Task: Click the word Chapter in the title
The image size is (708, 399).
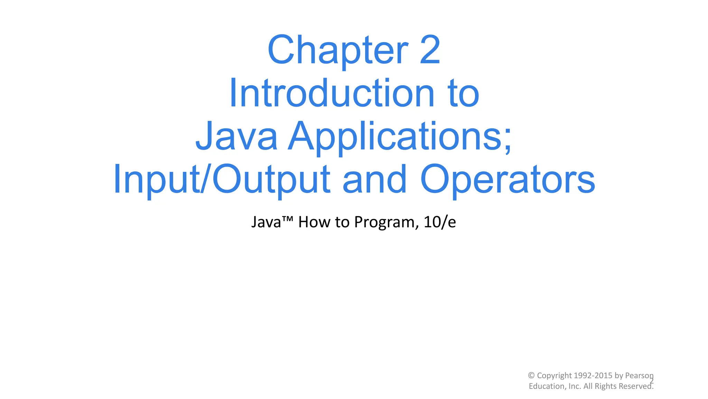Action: point(338,50)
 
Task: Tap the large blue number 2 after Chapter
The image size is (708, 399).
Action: point(430,50)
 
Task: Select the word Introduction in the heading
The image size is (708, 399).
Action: point(331,94)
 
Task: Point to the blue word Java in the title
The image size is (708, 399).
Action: point(236,136)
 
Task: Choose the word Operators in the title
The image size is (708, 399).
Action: point(507,179)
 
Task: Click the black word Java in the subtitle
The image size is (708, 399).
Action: point(266,222)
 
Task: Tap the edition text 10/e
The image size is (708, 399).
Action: point(439,222)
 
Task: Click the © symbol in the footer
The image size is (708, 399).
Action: point(531,375)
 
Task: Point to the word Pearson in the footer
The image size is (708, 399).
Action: point(639,375)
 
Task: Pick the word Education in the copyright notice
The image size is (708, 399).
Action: point(547,386)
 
